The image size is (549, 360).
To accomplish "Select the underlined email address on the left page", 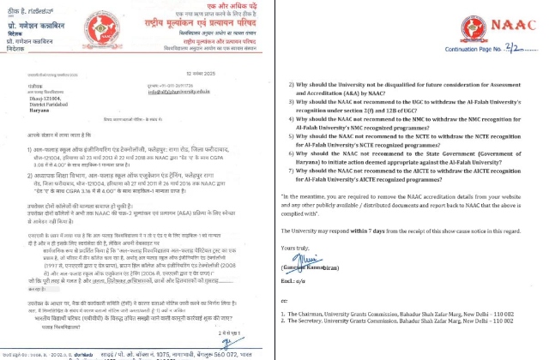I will pyautogui.click(x=184, y=96).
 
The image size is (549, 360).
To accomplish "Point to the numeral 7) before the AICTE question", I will pyautogui.click(x=288, y=171).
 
